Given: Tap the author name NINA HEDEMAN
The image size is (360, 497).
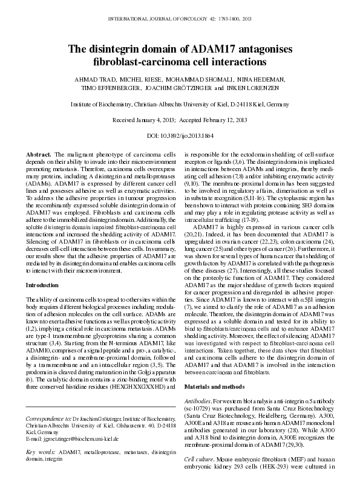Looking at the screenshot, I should coord(263,79).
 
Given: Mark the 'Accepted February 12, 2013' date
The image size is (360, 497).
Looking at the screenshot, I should coord(215,120).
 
